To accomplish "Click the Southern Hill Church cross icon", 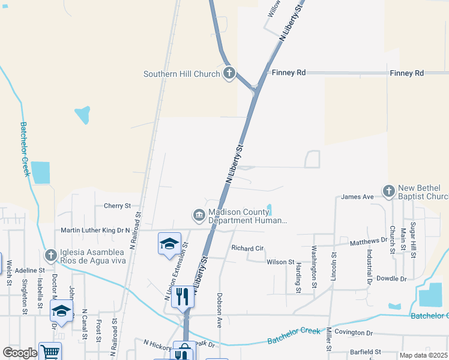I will click(x=229, y=74).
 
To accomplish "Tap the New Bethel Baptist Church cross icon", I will click(x=388, y=191).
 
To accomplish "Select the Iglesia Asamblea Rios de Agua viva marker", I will click(x=50, y=255).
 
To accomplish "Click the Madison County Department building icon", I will click(x=199, y=215).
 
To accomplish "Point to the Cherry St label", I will click(x=117, y=206).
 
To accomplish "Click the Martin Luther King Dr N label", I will click(x=95, y=230).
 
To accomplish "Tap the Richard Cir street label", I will click(x=247, y=248).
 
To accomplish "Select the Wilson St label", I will click(x=280, y=262).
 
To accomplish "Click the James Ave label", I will click(x=357, y=197).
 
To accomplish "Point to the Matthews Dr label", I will click(x=369, y=241).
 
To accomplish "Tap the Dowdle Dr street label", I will click(x=391, y=279).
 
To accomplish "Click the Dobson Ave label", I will click(x=220, y=310).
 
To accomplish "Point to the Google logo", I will click(x=20, y=353).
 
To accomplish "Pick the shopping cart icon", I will click(x=50, y=352).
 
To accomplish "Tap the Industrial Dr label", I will click(x=370, y=267).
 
